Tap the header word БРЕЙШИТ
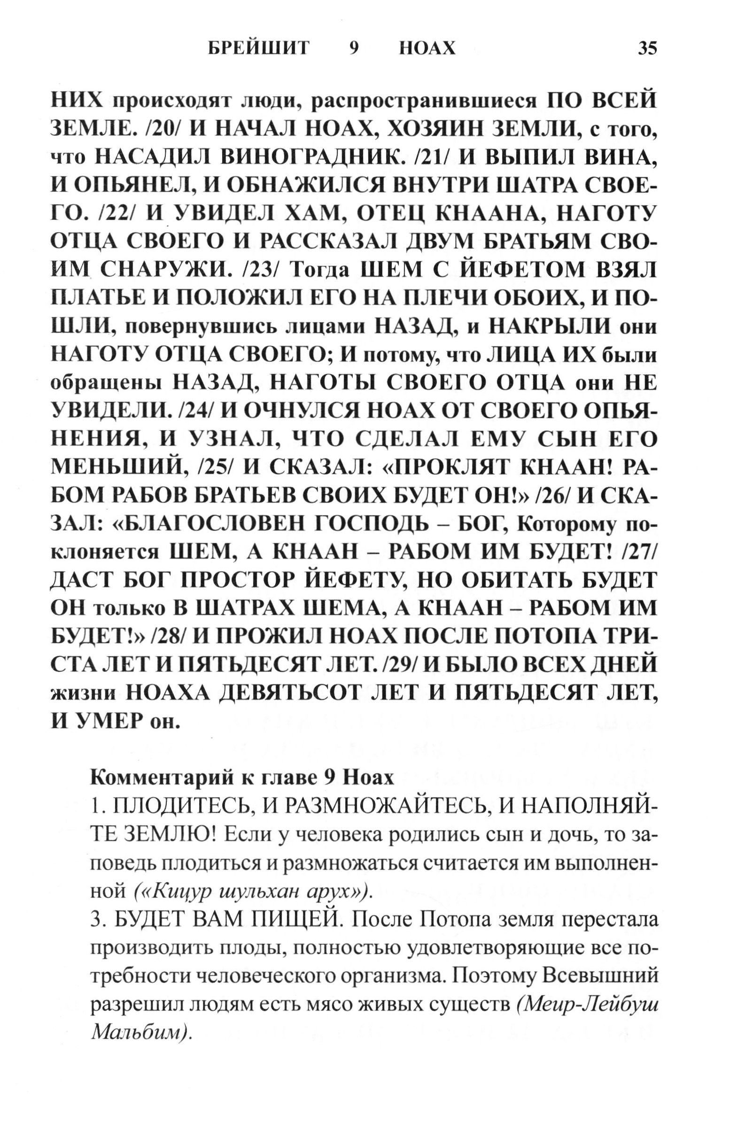tap(258, 48)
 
